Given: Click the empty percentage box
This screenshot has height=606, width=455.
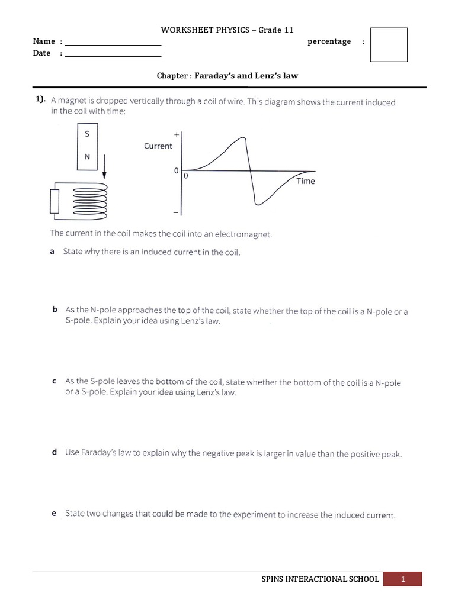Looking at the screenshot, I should pos(389,44).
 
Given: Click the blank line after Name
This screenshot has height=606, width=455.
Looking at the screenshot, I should pos(113,45).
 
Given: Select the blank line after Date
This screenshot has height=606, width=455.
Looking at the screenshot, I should pos(113,56).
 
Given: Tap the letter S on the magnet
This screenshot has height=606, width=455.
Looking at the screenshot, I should pos(88,134).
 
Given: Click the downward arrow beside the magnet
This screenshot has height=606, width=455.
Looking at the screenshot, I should pos(104,165).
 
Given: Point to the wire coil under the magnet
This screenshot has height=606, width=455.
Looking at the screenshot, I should pos(89,200).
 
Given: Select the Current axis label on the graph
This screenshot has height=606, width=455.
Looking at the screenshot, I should pos(158,146).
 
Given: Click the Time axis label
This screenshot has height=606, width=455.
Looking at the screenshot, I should pos(306,182).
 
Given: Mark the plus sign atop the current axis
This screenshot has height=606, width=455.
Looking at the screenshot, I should pos(176,134).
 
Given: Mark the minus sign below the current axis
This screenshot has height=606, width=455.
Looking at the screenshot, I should pos(176,212).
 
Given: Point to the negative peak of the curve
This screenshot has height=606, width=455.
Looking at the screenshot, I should pos(257,204).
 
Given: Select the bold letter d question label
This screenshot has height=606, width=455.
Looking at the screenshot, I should pos(54,452).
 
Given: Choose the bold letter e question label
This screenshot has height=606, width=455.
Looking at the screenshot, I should pos(54,514).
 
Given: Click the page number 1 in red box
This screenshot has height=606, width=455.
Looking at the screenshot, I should pos(403,579).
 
